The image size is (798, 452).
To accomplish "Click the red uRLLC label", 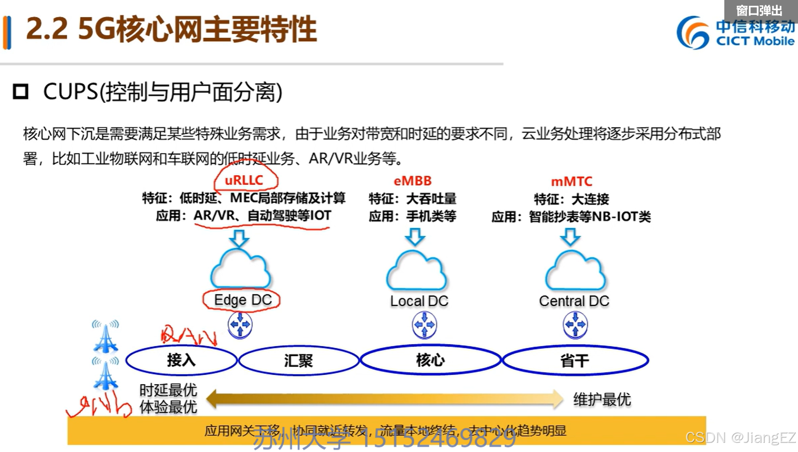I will (x=244, y=181).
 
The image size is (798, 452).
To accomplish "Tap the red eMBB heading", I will (x=413, y=181).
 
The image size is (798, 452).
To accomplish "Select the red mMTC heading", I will (x=572, y=181).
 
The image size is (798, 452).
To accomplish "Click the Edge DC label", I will (x=243, y=300).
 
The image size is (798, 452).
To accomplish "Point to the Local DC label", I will (x=419, y=301).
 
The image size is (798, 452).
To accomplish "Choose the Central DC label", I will (x=574, y=301).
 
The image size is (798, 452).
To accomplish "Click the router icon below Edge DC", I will (x=240, y=325).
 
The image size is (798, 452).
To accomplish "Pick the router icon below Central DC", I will (x=575, y=325).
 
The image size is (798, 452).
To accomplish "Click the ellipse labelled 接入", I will (x=181, y=360).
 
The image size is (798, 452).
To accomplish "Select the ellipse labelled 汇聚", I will (x=299, y=361).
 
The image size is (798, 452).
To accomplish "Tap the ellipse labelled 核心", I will (x=431, y=360).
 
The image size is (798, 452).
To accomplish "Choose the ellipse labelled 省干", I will (x=575, y=361).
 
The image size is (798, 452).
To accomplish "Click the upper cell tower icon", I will (x=105, y=337).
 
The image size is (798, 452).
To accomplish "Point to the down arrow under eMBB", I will (x=415, y=237).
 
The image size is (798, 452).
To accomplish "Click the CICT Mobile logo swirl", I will (x=693, y=33).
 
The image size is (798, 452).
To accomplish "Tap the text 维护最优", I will (x=602, y=400).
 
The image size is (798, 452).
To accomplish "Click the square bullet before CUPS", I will (x=21, y=91).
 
